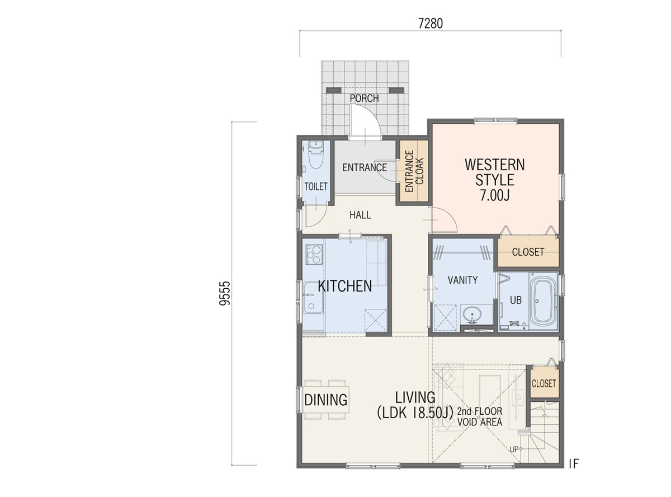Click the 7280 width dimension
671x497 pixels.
tap(430, 24)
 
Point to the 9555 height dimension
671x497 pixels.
tap(225, 293)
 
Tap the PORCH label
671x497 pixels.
tap(364, 98)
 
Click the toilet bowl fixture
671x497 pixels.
tap(315, 154)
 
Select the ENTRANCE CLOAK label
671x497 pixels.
tap(414, 171)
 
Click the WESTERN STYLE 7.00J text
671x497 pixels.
tap(495, 180)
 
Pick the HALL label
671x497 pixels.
tap(360, 215)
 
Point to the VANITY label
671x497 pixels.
tap(462, 280)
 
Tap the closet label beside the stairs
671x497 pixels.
tap(544, 384)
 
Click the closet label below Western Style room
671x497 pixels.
tap(528, 252)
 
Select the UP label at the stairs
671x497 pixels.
tap(514, 450)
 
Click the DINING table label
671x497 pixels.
tap(325, 400)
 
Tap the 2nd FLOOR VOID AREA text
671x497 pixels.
tap(480, 417)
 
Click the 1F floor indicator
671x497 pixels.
tap(574, 463)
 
